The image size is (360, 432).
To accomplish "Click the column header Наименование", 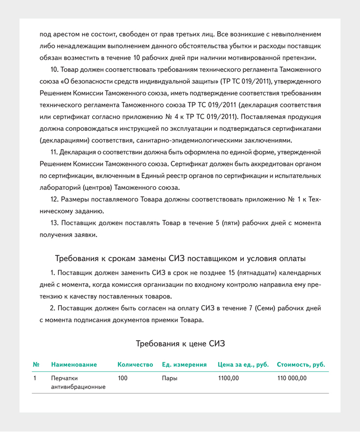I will [x=74, y=365].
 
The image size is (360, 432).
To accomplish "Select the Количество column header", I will [x=136, y=365].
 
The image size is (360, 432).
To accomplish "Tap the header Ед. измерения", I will [x=184, y=365].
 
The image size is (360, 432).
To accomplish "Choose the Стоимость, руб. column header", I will [x=301, y=365].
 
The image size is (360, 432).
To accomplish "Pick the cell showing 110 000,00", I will [x=292, y=378].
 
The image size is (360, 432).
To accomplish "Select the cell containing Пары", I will [x=169, y=378].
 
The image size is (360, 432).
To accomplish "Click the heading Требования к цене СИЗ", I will [x=180, y=344].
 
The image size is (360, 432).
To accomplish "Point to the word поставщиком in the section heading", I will [x=217, y=258].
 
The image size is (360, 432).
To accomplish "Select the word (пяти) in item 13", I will [x=229, y=223].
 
